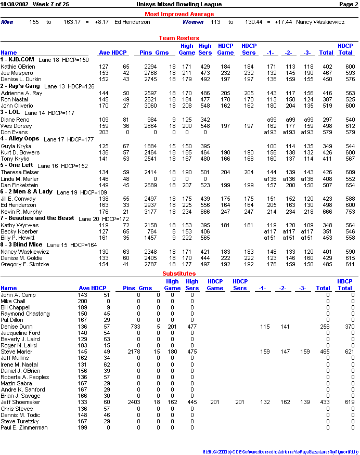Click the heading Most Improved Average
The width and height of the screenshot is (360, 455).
(x=179, y=14)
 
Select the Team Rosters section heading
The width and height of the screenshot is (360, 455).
(x=179, y=38)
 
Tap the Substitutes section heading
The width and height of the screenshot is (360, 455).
(x=179, y=274)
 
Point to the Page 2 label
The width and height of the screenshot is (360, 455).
(x=349, y=4)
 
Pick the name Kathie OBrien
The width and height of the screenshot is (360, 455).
(x=18, y=67)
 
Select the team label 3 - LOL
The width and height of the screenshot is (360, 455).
(x=10, y=112)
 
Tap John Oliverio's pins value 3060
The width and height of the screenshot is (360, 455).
(x=150, y=106)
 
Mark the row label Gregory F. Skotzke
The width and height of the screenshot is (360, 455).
(x=25, y=264)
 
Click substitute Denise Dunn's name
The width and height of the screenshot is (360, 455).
(x=16, y=327)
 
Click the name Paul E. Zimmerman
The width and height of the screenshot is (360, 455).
(x=24, y=427)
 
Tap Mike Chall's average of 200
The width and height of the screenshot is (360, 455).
(x=83, y=301)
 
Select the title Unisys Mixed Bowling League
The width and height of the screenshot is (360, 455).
(x=179, y=4)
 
